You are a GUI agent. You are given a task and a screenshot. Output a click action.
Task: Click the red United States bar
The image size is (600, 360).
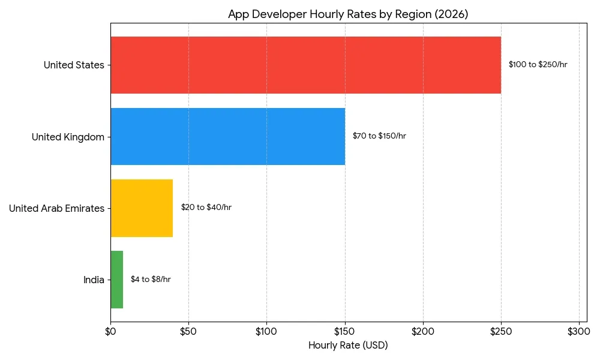tap(305, 65)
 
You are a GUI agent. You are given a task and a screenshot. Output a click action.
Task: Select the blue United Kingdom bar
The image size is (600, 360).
tap(227, 136)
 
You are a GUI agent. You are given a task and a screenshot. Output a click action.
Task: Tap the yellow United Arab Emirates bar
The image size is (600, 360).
tap(142, 208)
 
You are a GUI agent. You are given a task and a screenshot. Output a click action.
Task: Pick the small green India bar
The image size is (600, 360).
tap(117, 280)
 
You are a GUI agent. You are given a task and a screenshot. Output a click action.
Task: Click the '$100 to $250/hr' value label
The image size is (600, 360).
tap(538, 65)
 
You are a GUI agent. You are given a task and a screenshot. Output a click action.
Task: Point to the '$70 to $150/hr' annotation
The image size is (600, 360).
tap(379, 136)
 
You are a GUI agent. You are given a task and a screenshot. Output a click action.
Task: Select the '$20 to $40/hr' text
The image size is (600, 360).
tap(206, 208)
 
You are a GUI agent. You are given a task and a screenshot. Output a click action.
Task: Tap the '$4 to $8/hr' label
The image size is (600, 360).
tap(151, 280)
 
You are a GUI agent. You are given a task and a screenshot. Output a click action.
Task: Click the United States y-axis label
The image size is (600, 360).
tap(74, 65)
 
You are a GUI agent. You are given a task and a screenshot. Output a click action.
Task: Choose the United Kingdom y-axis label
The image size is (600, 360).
tap(68, 137)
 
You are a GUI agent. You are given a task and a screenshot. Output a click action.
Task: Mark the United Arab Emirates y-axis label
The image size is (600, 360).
tap(56, 208)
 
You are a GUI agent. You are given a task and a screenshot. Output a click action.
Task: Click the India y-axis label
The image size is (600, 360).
tap(94, 280)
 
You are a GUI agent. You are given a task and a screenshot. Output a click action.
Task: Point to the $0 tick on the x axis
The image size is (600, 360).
tap(110, 331)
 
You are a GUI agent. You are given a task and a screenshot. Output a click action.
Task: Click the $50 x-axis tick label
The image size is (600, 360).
tap(188, 331)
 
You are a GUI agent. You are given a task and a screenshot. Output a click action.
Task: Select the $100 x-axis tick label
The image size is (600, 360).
tap(266, 331)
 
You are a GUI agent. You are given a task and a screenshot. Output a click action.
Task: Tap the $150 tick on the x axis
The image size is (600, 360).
tap(344, 331)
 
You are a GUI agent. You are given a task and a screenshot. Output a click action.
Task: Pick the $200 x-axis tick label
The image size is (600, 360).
tap(423, 331)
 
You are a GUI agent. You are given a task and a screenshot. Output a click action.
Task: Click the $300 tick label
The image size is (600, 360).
tap(579, 331)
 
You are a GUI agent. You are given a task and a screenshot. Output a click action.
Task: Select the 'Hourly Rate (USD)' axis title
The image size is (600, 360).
tap(348, 346)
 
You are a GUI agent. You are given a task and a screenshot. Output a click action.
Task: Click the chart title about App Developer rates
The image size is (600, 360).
tap(348, 14)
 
